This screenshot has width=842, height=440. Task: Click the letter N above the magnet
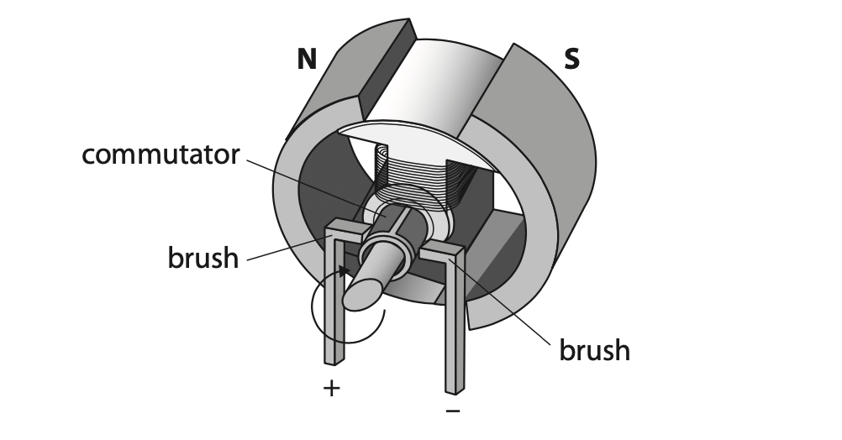tap(307, 59)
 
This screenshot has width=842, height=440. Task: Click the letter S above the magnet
tap(572, 59)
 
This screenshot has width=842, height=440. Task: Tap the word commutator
tap(161, 155)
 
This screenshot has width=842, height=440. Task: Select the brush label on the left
tap(203, 258)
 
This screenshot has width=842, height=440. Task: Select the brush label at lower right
tap(594, 350)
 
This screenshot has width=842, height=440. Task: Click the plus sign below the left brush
tap(332, 388)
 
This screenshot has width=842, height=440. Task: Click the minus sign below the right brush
tap(453, 411)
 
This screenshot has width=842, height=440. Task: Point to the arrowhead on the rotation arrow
tap(345, 271)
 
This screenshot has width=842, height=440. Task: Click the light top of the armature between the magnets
tap(429, 86)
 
